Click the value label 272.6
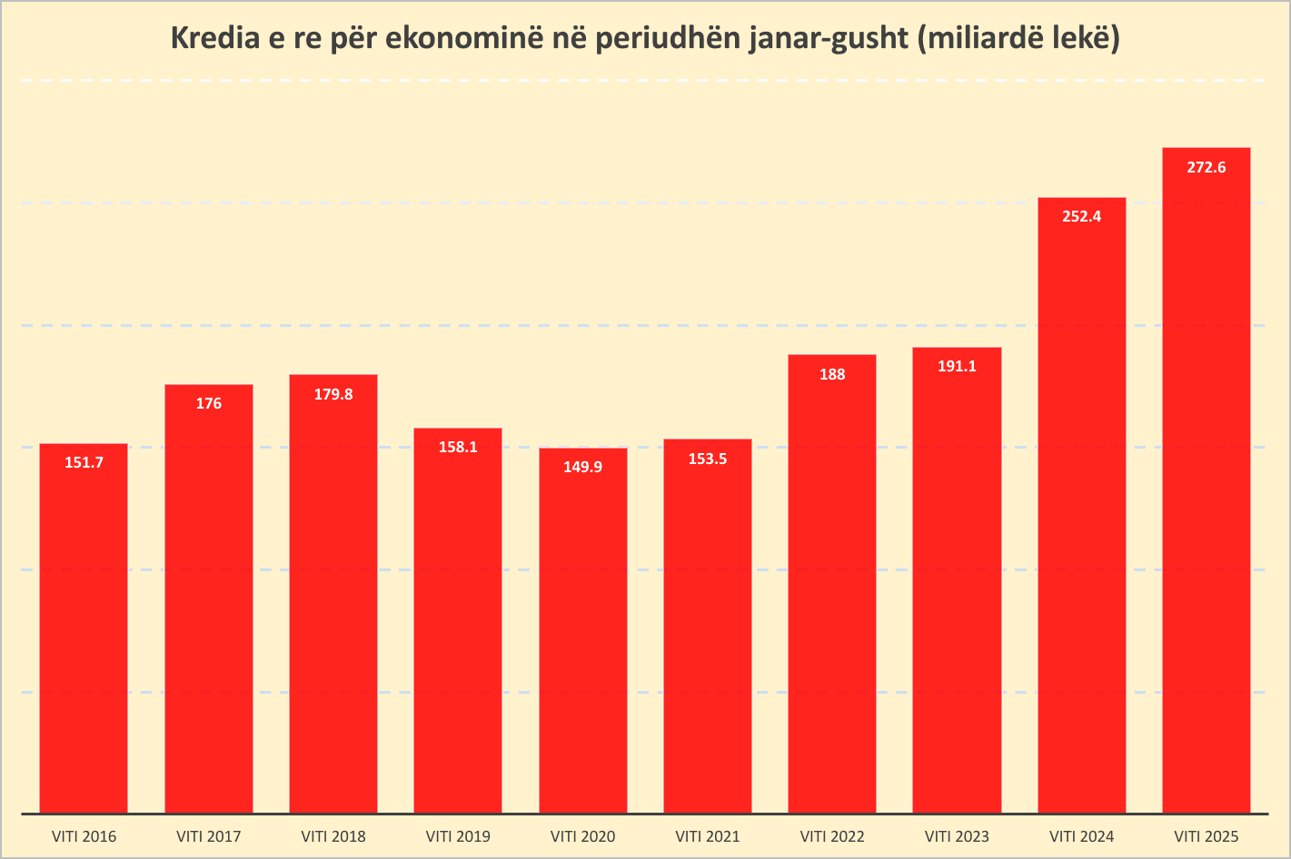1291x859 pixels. coord(1207,167)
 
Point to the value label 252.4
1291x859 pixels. coord(1081,216)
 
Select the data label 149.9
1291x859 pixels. coord(582,467)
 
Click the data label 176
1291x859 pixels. coord(209,403)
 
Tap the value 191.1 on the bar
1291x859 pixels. coord(957,366)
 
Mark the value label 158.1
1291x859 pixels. coord(458,447)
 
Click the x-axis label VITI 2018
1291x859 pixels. coord(333,836)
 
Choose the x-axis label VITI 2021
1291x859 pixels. coord(708,836)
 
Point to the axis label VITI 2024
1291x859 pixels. coord(1081,836)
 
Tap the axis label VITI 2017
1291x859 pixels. coord(209,836)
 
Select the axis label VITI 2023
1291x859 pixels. coord(957,836)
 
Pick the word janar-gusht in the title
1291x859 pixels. coord(826,39)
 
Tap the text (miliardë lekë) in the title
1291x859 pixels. coord(1018,39)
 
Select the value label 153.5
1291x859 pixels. coord(708,459)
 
